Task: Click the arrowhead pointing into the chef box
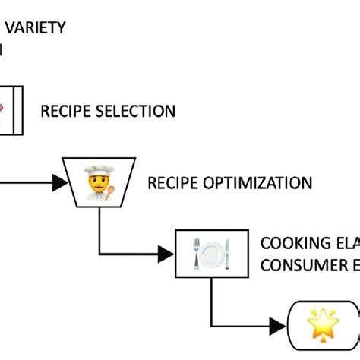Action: pos(58,183)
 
